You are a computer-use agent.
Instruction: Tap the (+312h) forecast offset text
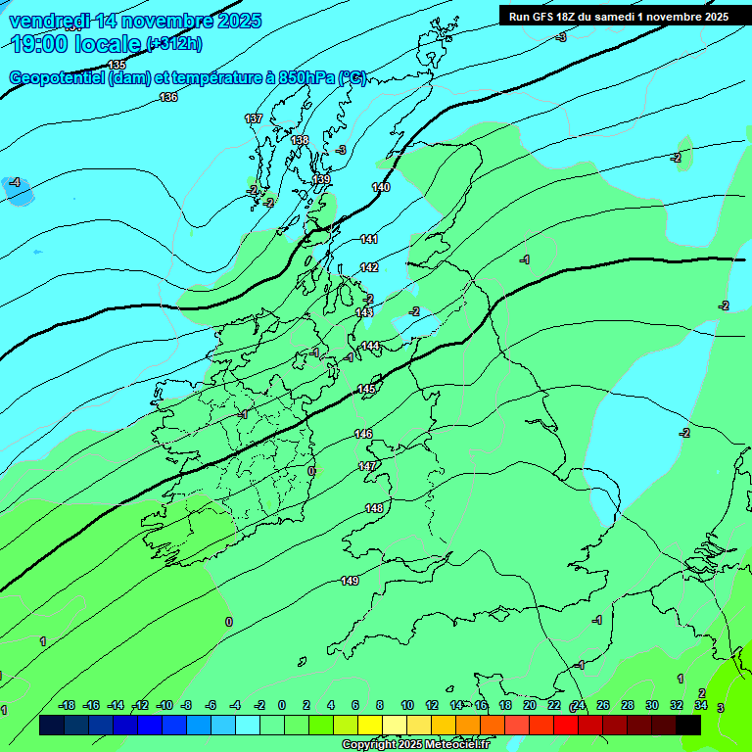tap(173, 44)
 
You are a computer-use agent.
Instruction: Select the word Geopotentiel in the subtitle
tap(57, 78)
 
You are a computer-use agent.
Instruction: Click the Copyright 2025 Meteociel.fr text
tap(415, 744)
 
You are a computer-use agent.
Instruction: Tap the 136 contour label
tap(168, 97)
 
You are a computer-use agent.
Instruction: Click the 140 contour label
tap(381, 187)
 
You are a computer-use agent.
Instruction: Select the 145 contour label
tap(366, 390)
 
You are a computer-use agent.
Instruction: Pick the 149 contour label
tap(350, 581)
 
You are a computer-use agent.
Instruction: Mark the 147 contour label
tap(367, 466)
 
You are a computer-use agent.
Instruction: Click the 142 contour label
tap(369, 267)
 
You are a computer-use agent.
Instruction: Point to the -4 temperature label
tap(14, 182)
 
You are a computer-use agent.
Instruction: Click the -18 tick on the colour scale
tap(68, 705)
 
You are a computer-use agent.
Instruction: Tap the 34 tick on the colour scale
tap(701, 705)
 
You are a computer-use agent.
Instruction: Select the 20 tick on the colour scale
tap(529, 705)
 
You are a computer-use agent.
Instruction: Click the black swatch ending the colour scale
tap(688, 725)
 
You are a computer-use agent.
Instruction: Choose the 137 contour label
tap(254, 118)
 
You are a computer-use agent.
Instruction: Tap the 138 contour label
tap(300, 140)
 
